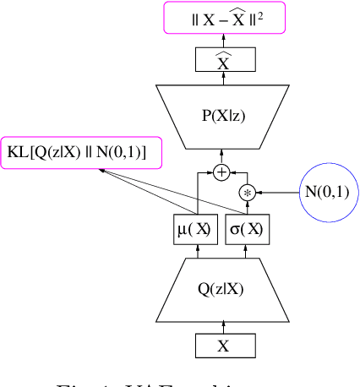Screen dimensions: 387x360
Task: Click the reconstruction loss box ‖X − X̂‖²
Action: click(223, 17)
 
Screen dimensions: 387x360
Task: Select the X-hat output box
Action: click(223, 59)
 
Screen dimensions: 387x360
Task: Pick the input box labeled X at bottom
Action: click(223, 346)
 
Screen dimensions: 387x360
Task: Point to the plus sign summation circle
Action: click(222, 172)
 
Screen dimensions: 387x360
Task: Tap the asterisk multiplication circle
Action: click(248, 193)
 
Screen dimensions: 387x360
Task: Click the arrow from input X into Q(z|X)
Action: click(223, 326)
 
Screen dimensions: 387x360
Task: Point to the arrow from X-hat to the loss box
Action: click(223, 39)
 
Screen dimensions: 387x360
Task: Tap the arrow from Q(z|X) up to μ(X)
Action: click(196, 251)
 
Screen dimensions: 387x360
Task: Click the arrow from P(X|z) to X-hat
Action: click(223, 78)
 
